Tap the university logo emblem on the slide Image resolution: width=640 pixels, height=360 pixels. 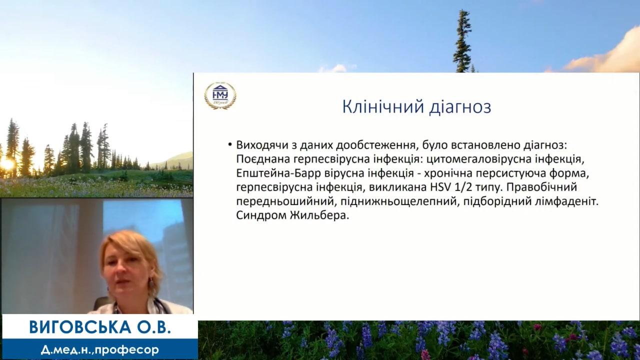220,95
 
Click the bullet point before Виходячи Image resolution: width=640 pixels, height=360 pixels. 230,144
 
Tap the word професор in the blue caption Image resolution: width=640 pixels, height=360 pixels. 127,349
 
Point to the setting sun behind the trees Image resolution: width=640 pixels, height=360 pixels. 6,164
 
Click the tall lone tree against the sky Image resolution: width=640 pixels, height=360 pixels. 462,41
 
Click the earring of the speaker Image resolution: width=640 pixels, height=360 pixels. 151,283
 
